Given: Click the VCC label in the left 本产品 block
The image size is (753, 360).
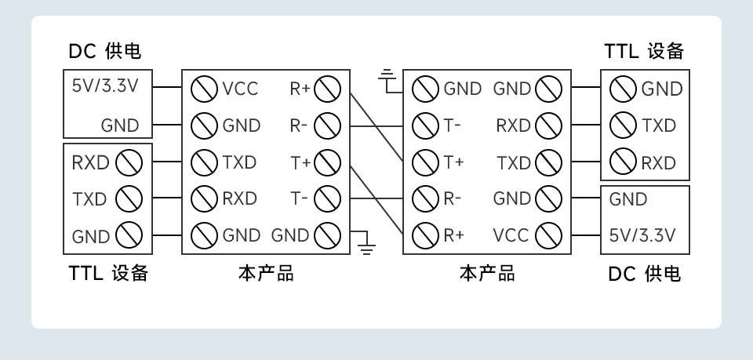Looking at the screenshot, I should (x=239, y=89).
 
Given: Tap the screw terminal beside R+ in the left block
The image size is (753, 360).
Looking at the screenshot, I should (x=326, y=89).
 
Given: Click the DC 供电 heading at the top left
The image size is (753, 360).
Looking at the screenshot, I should (x=104, y=52).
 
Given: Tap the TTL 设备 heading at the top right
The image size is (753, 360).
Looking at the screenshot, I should (x=644, y=52).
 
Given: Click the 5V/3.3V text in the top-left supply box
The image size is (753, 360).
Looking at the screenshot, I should (x=104, y=85).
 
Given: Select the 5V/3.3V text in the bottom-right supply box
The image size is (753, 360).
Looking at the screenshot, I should (x=642, y=235).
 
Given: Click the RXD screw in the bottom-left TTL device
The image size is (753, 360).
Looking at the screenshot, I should (x=128, y=163).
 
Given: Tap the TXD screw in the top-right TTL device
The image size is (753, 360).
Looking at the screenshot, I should (x=624, y=125).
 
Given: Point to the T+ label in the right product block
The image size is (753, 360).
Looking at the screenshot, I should (x=454, y=162).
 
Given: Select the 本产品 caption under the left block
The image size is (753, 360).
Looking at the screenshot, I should (x=266, y=274).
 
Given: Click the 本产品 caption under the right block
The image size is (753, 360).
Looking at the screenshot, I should (x=487, y=274).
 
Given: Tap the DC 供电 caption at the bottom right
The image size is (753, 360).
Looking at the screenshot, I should (x=644, y=274).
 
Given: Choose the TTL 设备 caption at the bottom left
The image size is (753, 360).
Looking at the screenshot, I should (x=108, y=274).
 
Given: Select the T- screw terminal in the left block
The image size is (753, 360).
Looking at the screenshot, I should (x=326, y=199).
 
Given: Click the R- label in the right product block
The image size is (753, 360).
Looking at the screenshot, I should (x=453, y=199).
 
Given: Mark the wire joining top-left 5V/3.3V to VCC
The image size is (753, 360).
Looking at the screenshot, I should (x=166, y=88).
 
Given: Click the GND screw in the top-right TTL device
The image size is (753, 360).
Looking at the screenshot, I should (x=624, y=89).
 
